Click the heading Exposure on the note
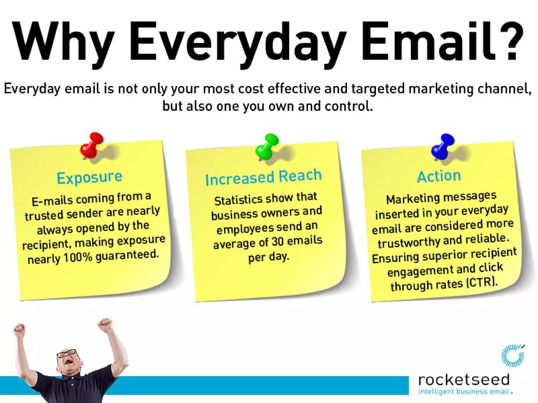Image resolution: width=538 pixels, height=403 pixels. pyautogui.click(x=90, y=178)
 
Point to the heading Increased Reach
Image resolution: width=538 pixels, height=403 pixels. pyautogui.click(x=263, y=178)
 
